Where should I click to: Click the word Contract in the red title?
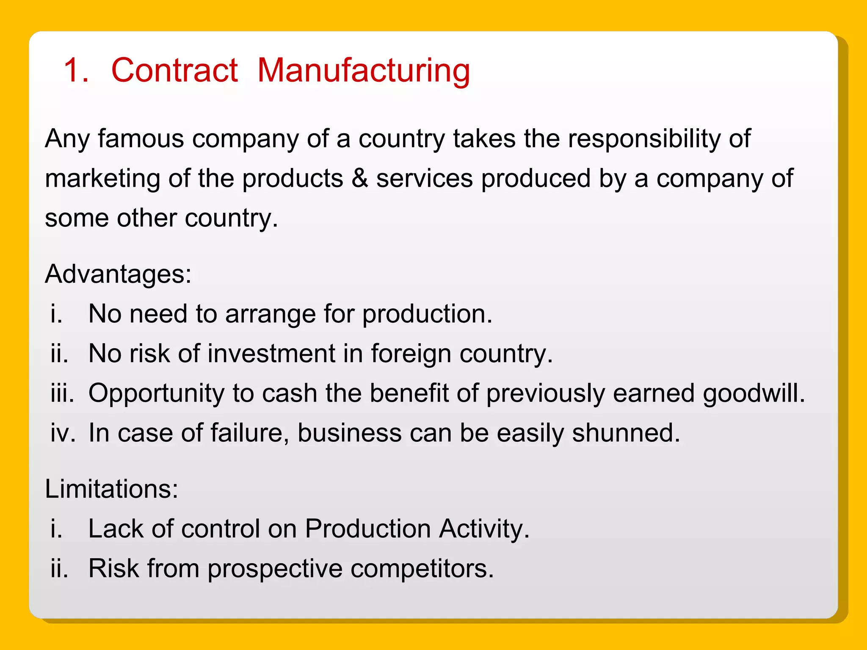(x=174, y=70)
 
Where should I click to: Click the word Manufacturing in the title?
(x=364, y=71)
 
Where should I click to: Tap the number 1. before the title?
(x=76, y=70)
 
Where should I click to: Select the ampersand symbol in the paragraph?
(x=359, y=178)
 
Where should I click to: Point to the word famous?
(x=141, y=138)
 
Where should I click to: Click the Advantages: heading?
(x=118, y=274)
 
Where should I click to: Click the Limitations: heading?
(x=111, y=489)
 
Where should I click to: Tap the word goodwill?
(x=754, y=394)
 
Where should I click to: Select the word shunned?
(x=626, y=433)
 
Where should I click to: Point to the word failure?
(x=249, y=433)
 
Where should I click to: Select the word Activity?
(x=484, y=529)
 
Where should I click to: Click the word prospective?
(x=275, y=568)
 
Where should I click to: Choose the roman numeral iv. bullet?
(x=63, y=433)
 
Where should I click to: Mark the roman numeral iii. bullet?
(x=62, y=393)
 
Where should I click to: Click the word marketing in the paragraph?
(x=102, y=179)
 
